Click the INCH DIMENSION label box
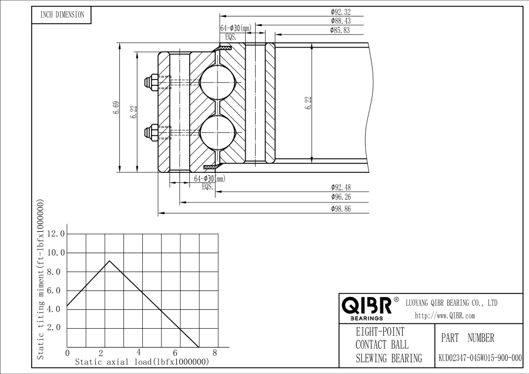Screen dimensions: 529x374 pyautogui.click(x=61, y=15)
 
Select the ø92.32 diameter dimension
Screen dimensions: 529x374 pyautogui.click(x=341, y=12)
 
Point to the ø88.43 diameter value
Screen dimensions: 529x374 pyautogui.click(x=341, y=21)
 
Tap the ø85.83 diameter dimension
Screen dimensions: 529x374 pyautogui.click(x=340, y=30)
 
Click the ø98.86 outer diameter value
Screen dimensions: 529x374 pyautogui.click(x=341, y=209)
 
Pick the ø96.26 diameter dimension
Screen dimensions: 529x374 pyautogui.click(x=341, y=197)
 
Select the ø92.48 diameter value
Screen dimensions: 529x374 pyautogui.click(x=341, y=188)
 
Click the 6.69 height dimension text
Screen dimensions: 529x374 pyautogui.click(x=116, y=108)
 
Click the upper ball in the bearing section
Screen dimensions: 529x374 pyautogui.click(x=217, y=82)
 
